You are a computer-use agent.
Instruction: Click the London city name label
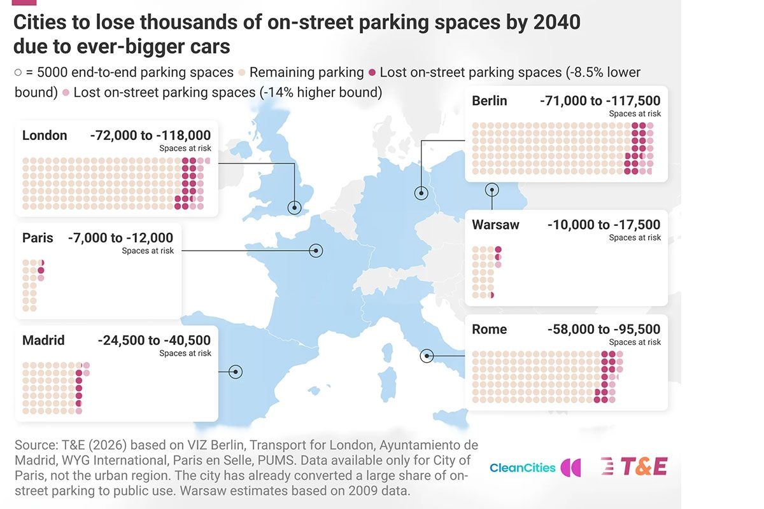(x=45, y=136)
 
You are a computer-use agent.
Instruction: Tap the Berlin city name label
(x=490, y=101)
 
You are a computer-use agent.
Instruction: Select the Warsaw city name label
(x=495, y=225)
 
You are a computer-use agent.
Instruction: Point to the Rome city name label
(x=490, y=330)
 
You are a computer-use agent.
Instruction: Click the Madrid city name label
(x=43, y=340)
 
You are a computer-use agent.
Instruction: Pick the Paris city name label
(x=38, y=237)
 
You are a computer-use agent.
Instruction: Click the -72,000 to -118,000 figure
(x=150, y=136)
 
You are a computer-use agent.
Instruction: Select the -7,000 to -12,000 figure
(x=121, y=237)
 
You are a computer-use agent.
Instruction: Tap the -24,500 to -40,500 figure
(x=154, y=340)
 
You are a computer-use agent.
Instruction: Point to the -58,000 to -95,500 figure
(x=604, y=330)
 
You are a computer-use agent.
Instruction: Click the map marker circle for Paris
(x=316, y=251)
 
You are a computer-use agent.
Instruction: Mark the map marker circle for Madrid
(x=236, y=372)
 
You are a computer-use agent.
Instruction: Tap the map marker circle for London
(x=294, y=207)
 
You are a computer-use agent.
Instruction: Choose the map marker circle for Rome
(x=427, y=356)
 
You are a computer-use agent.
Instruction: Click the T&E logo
(x=634, y=466)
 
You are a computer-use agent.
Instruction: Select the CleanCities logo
(x=535, y=468)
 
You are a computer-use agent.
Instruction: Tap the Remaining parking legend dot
(x=242, y=73)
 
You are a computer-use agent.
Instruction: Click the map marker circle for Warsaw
(x=492, y=190)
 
